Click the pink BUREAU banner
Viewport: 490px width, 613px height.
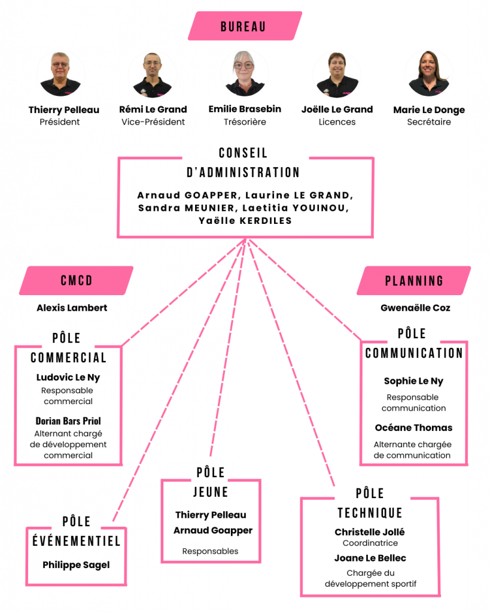tap(245, 26)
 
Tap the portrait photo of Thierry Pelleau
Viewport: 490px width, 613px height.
tap(60, 74)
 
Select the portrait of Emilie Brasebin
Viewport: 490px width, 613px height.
tap(245, 74)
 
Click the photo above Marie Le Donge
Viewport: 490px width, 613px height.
tap(428, 74)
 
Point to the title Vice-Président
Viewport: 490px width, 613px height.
tap(153, 122)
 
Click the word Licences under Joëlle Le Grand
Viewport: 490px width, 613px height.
tap(337, 122)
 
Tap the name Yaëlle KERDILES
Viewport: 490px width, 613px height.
tap(245, 221)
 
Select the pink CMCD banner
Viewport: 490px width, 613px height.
tap(77, 280)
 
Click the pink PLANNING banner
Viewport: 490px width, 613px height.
tap(414, 280)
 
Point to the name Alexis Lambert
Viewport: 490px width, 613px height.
tap(72, 308)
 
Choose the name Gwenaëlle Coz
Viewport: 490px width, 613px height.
tap(415, 308)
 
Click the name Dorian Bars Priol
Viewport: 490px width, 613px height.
tap(68, 421)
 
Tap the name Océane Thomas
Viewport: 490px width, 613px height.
tap(413, 427)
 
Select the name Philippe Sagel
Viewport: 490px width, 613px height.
tap(76, 565)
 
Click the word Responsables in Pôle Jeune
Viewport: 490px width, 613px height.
tap(210, 551)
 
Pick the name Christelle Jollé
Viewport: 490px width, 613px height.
tap(370, 532)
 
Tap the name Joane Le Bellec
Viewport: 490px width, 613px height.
tap(370, 559)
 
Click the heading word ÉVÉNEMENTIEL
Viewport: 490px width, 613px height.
tap(76, 541)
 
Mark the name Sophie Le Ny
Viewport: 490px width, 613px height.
tap(413, 381)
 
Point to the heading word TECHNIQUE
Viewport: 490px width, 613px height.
tap(370, 513)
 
